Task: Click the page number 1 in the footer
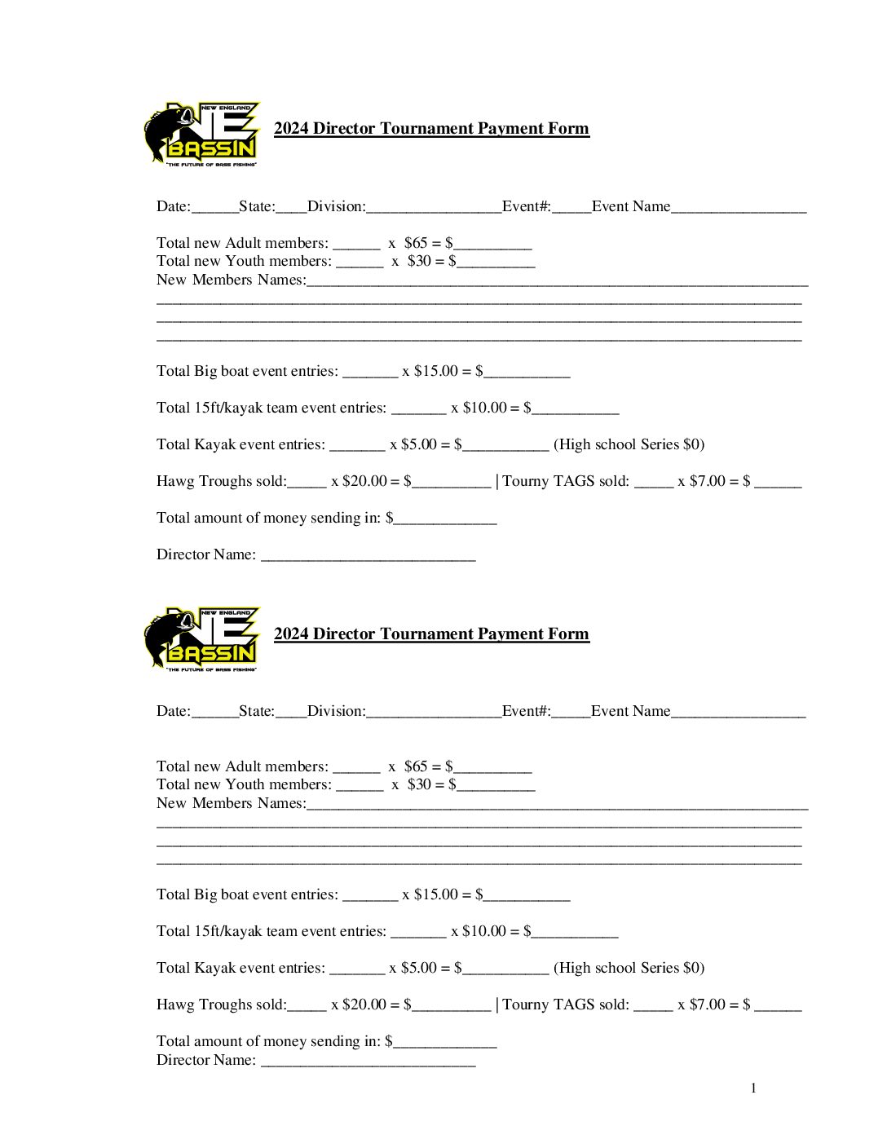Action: tap(753, 1088)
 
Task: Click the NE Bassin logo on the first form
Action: tap(201, 135)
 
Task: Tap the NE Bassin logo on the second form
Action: tap(201, 639)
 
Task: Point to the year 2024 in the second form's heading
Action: tap(291, 634)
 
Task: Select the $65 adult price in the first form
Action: tap(416, 243)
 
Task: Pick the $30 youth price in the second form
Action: tap(419, 784)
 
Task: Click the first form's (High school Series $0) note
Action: tap(629, 444)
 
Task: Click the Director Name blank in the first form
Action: tap(368, 556)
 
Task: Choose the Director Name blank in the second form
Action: tap(368, 1062)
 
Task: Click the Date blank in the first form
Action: tap(214, 208)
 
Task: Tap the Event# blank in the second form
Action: tap(571, 713)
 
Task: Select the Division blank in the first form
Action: tap(434, 208)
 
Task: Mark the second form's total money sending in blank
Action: tap(445, 1043)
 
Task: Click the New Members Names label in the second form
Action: tap(231, 803)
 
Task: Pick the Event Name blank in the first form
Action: tap(739, 208)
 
